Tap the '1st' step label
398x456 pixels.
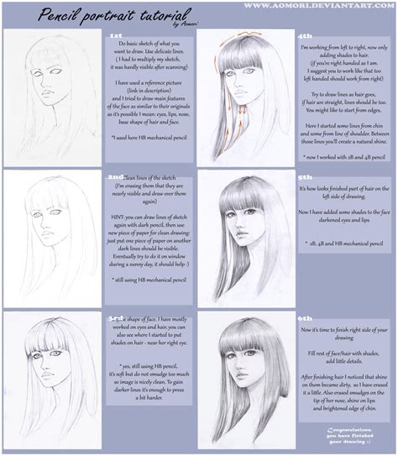(x=118, y=37)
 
